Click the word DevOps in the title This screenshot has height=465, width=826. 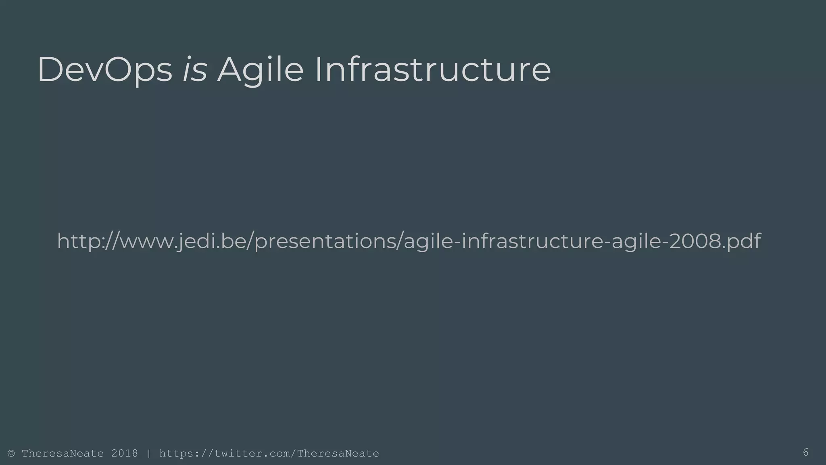pyautogui.click(x=105, y=70)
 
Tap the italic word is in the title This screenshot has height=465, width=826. pyautogui.click(x=195, y=70)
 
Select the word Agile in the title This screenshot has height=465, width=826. pyautogui.click(x=260, y=70)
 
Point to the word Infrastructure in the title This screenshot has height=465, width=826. pyautogui.click(x=432, y=70)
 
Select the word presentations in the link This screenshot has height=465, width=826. pyautogui.click(x=327, y=241)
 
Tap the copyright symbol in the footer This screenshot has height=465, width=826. pyautogui.click(x=11, y=454)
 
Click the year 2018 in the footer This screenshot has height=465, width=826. pyautogui.click(x=125, y=454)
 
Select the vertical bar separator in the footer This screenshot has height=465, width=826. pyautogui.click(x=149, y=454)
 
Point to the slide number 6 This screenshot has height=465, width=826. pyautogui.click(x=805, y=452)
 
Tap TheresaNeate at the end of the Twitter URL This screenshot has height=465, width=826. pyautogui.click(x=338, y=454)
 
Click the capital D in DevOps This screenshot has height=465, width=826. pyautogui.click(x=49, y=70)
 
